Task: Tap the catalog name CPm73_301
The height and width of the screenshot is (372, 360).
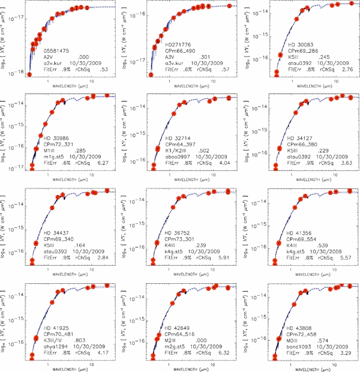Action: pos(178,239)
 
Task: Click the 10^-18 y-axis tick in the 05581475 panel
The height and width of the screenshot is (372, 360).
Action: pos(17,72)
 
